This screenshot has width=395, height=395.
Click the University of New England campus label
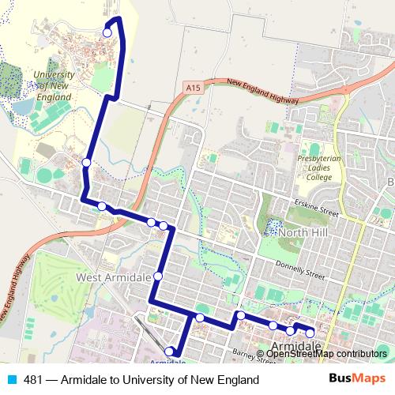coord(53,86)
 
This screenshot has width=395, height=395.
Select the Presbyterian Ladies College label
coord(320,167)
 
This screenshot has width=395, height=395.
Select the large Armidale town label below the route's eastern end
coord(295,346)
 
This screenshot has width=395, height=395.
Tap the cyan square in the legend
coord(11,380)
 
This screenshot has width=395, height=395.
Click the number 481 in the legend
coord(32,380)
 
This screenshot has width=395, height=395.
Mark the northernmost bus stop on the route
coord(107,32)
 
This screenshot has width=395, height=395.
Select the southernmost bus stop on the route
coord(169,351)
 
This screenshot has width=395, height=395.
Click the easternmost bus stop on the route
coord(310,333)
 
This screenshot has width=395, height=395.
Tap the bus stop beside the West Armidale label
coord(158,276)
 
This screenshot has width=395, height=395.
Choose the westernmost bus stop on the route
coord(86,163)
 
